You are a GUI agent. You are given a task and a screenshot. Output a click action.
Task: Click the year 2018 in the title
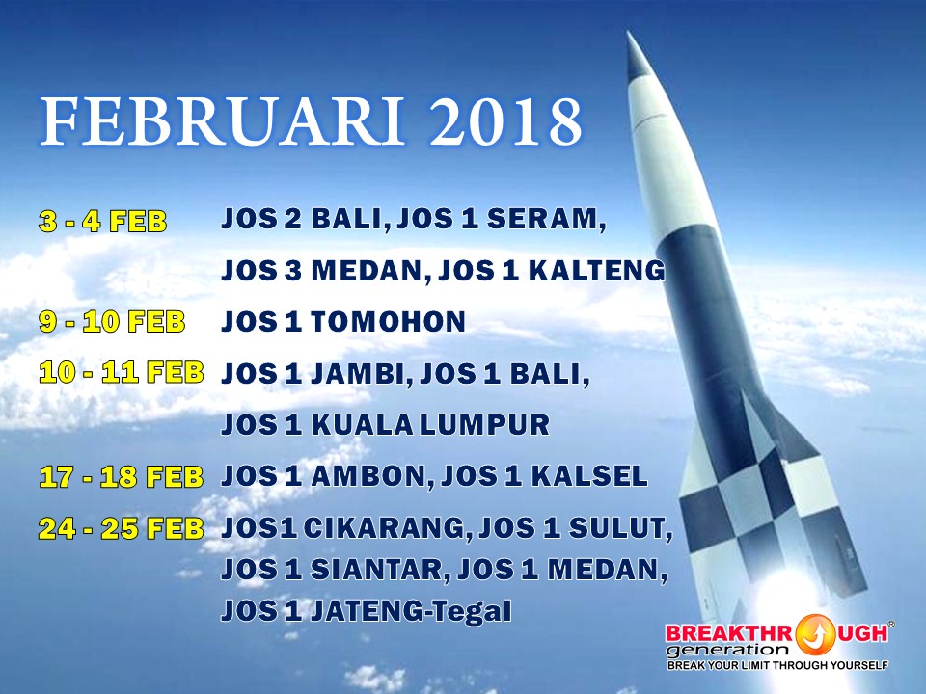[506, 121]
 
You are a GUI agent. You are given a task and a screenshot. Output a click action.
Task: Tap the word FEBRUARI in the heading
[223, 121]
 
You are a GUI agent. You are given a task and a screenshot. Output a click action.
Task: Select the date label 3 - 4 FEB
[103, 222]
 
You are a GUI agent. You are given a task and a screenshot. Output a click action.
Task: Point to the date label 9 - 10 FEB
[112, 322]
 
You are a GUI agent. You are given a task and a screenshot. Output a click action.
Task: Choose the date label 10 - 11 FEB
[122, 373]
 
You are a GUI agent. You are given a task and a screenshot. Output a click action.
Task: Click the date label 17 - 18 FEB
[122, 477]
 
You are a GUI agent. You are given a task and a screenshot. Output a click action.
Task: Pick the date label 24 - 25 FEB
[122, 528]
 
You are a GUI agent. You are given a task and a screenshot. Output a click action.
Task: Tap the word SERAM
[543, 219]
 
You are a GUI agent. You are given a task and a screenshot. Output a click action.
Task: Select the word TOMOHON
[389, 322]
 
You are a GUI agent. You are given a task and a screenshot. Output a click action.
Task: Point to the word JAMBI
[358, 374]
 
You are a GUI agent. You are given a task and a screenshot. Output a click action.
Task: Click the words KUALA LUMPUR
[430, 425]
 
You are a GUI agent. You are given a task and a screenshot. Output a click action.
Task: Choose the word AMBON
[366, 476]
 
